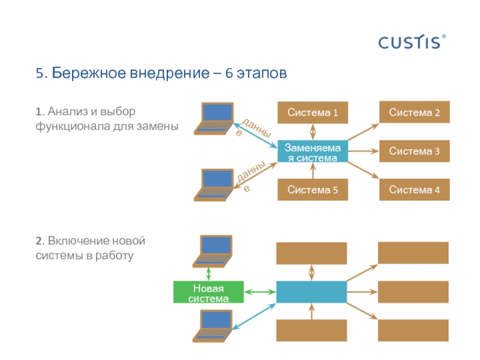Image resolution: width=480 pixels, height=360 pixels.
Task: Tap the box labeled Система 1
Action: coord(312,113)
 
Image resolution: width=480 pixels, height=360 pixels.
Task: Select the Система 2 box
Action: coord(414,113)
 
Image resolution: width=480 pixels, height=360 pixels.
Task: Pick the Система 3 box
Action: coord(414,151)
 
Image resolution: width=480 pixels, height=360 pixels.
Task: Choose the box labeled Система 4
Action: coord(414,190)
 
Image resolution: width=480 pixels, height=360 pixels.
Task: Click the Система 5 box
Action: coord(312,190)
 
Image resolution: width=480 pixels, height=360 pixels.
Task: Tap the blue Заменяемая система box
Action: coord(312,152)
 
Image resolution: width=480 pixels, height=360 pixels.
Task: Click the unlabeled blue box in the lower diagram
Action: coord(311,292)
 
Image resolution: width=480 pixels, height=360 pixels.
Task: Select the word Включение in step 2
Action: coord(77,241)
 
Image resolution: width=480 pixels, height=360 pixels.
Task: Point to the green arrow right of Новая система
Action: coord(260,292)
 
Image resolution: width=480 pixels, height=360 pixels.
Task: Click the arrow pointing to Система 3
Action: coord(362,151)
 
